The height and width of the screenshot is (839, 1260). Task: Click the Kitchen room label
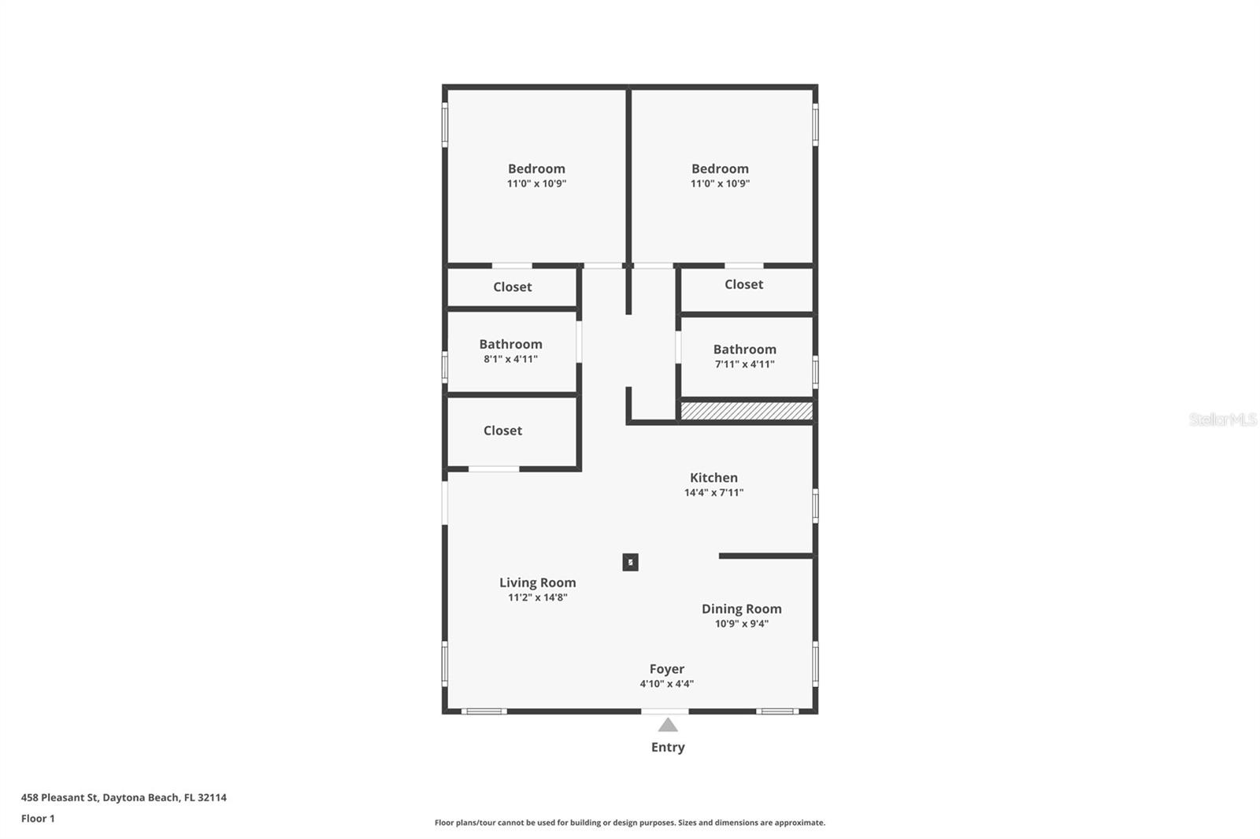click(x=713, y=478)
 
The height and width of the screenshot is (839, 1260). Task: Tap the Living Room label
click(x=537, y=582)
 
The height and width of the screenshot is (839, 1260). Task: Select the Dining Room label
click(x=741, y=609)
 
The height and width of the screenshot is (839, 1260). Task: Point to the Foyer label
click(x=666, y=669)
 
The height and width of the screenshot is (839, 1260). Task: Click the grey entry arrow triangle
click(x=668, y=726)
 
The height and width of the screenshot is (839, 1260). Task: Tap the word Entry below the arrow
click(x=668, y=748)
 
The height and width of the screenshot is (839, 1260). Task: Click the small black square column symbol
click(x=630, y=562)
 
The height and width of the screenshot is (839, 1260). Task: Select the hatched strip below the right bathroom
click(x=747, y=411)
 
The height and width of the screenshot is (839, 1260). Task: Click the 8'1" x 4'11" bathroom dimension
click(x=511, y=359)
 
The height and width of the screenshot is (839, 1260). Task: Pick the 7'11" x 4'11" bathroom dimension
click(x=745, y=364)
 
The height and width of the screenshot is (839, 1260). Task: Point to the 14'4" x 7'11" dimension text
click(x=713, y=493)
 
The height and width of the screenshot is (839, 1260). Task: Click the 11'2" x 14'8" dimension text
click(x=537, y=597)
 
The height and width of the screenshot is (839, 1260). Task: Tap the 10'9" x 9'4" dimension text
click(x=741, y=623)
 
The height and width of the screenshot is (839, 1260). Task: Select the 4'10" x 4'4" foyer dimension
click(x=666, y=684)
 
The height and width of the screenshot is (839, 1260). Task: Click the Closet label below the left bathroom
click(x=502, y=431)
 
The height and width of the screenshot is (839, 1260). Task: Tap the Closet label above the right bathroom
click(x=743, y=285)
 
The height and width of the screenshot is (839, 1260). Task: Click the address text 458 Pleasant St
click(x=60, y=797)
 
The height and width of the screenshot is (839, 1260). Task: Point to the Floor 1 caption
click(x=38, y=819)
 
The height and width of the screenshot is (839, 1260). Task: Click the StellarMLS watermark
click(x=1222, y=419)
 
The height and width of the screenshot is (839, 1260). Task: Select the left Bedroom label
click(x=536, y=168)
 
